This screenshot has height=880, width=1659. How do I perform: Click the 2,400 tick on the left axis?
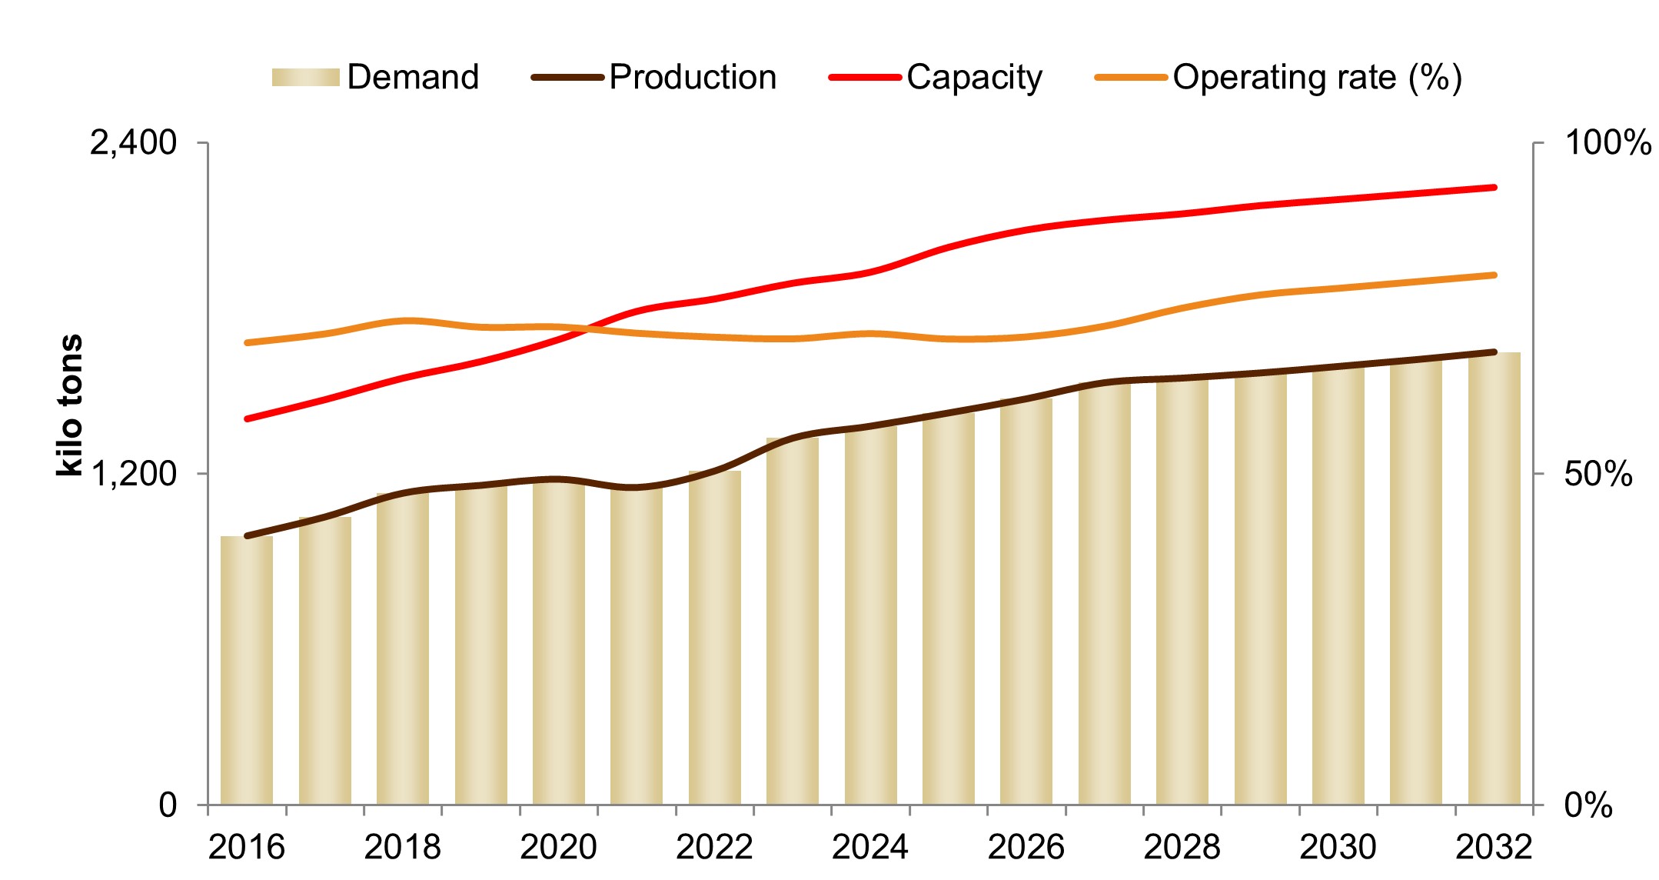pos(133,143)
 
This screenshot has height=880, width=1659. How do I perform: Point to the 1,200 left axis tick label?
pos(133,474)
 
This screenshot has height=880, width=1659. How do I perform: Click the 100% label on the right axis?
pos(1607,143)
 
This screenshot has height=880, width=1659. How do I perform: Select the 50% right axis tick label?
pos(1597,474)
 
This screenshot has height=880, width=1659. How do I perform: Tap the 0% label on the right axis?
pos(1588,805)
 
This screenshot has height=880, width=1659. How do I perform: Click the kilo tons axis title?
pos(69,405)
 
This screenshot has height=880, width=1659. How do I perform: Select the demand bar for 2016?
pos(247,669)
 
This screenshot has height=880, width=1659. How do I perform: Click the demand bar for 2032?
pos(1494,577)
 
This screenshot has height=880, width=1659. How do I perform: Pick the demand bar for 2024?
pos(870,615)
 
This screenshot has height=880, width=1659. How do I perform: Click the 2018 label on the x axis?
pos(402,847)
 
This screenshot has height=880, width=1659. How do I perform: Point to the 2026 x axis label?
pos(1026,847)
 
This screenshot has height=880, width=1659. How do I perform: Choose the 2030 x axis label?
pos(1338,847)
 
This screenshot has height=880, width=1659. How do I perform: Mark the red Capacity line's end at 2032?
pos(1494,187)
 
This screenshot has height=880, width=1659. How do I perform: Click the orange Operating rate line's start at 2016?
pos(247,342)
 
